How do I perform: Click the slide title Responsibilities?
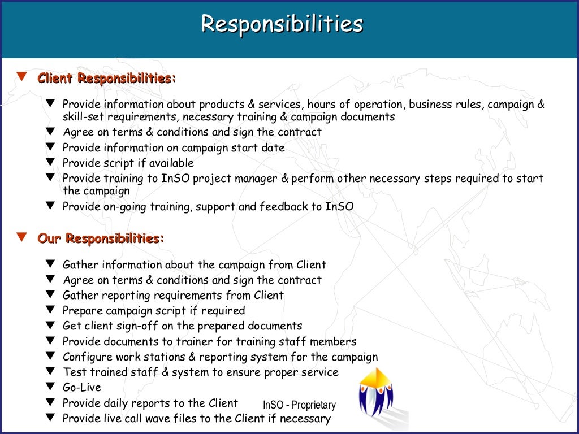282,24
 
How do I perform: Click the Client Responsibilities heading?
107,78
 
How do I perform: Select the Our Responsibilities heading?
101,238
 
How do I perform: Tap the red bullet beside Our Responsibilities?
22,237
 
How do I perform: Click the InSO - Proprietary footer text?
299,405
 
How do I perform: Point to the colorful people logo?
375,393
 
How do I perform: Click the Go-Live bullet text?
82,388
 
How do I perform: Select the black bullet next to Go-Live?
51,387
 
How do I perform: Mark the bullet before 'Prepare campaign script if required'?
51,310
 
